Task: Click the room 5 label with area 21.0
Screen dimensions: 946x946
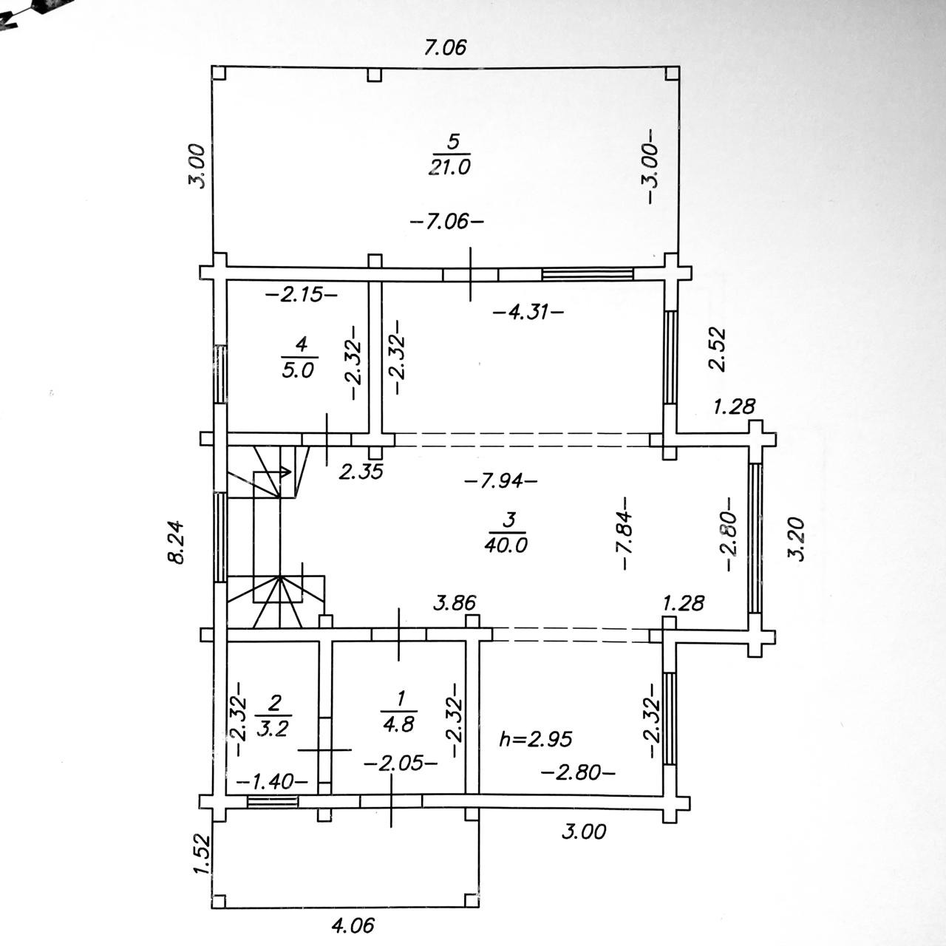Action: (x=449, y=154)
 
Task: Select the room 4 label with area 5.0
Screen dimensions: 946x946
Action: (x=299, y=357)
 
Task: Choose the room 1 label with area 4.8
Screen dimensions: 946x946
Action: (x=399, y=710)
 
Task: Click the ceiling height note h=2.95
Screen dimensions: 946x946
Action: (x=535, y=738)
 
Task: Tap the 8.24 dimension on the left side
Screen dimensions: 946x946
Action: (x=176, y=542)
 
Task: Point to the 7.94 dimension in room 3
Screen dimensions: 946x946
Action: (x=500, y=480)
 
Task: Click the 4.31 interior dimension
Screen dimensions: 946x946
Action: (x=528, y=312)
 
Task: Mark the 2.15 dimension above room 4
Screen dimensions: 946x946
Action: (x=301, y=295)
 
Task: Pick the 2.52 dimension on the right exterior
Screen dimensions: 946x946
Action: (x=718, y=349)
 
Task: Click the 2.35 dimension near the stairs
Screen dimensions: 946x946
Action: (x=361, y=472)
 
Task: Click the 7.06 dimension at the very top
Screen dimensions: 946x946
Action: (x=446, y=49)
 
